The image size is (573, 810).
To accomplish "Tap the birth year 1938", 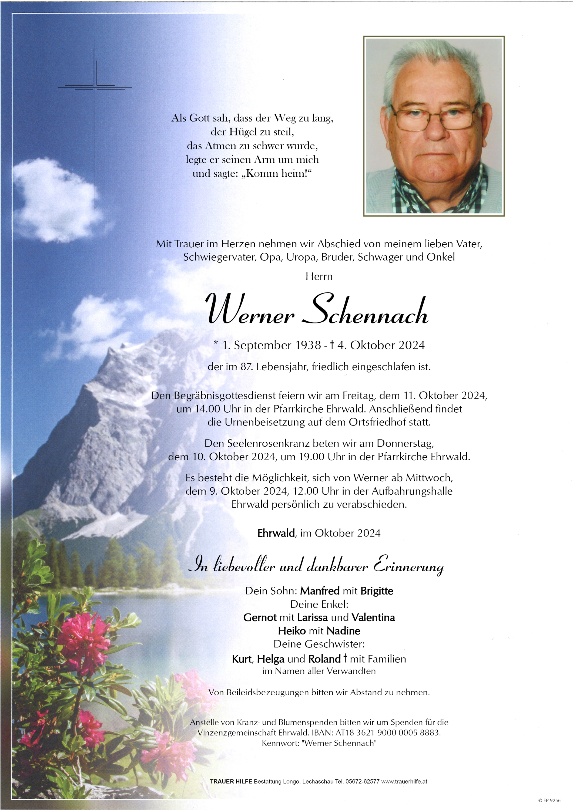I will point(307,345).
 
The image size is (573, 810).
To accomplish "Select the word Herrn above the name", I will point(319,276).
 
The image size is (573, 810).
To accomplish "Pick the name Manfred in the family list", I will point(320,590).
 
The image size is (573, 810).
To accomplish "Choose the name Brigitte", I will point(377,590).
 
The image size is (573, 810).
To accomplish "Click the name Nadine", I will point(343,631).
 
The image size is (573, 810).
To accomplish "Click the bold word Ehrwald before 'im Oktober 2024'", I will point(276,533).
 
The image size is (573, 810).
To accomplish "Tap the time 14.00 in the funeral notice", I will point(206,409).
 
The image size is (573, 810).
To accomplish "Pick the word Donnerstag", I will point(405,443).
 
